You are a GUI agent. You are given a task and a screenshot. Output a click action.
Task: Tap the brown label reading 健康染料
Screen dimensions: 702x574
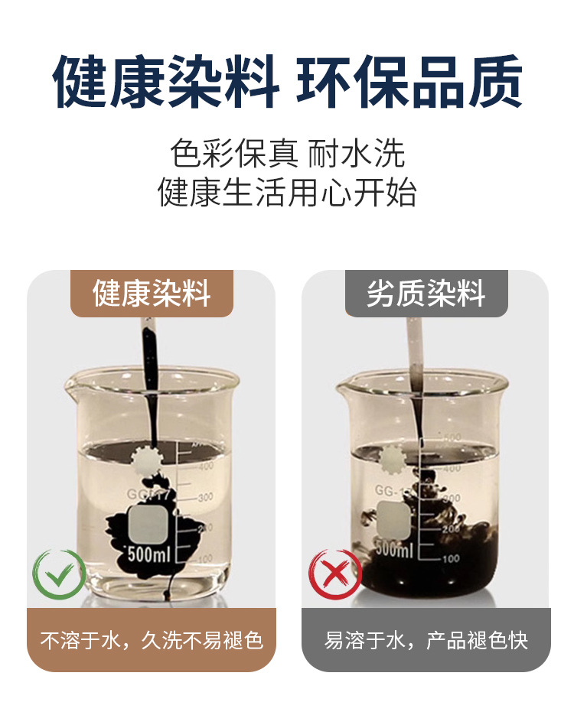pos(152,294)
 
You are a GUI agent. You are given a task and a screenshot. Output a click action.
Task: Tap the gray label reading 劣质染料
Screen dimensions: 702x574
pos(426,294)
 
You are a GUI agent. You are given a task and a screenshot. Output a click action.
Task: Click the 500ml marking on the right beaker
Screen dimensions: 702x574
pos(395,549)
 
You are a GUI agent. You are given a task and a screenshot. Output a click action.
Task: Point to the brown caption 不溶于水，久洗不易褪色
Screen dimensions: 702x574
pos(152,640)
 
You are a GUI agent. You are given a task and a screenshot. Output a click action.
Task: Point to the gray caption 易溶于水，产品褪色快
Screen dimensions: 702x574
pos(426,640)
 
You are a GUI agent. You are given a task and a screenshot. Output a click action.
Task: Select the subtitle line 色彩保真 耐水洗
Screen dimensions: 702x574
pos(288,154)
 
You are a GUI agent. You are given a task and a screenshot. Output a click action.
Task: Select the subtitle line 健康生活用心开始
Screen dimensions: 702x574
pos(288,192)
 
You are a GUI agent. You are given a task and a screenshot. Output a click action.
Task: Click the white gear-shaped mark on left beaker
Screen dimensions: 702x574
pos(145,460)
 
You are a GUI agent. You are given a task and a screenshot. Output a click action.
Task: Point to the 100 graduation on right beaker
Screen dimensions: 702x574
pos(450,558)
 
